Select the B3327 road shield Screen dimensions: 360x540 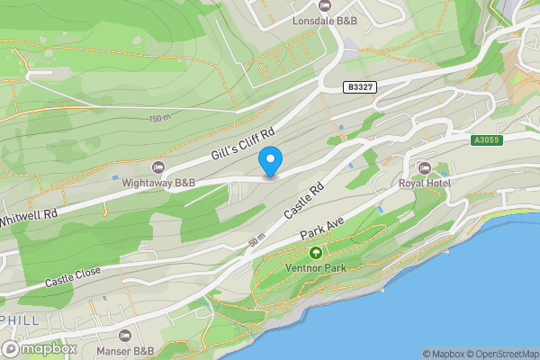[x=360, y=86]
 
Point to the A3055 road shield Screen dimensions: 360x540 [x=486, y=139]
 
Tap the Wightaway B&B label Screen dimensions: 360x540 [x=160, y=183]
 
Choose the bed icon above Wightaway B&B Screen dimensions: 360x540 [x=159, y=167]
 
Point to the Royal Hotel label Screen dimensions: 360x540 [x=424, y=183]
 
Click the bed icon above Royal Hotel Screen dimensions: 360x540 [x=425, y=167]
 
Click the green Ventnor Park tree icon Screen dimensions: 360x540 [x=314, y=253]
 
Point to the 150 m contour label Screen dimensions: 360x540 [x=160, y=119]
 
